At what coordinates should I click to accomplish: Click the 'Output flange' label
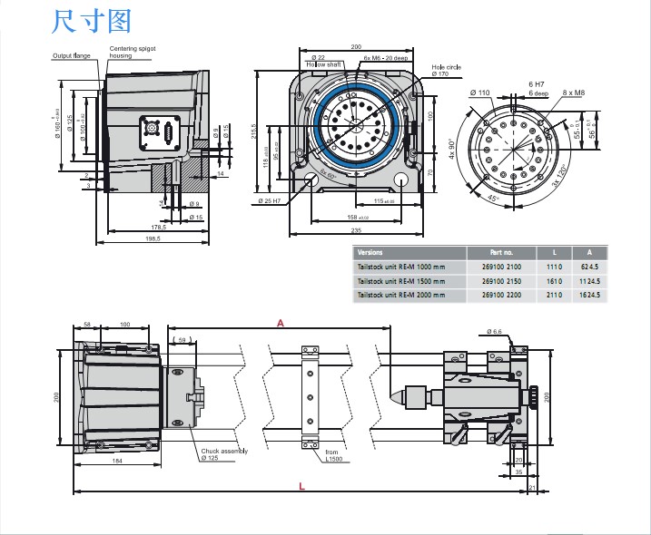71,56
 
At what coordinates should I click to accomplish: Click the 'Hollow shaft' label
322,65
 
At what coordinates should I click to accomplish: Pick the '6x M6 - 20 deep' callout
385,58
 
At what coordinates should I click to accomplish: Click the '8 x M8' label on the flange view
574,92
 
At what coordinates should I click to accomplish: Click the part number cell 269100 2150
500,281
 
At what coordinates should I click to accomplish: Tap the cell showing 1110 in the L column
556,267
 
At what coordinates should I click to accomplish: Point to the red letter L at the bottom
301,487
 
